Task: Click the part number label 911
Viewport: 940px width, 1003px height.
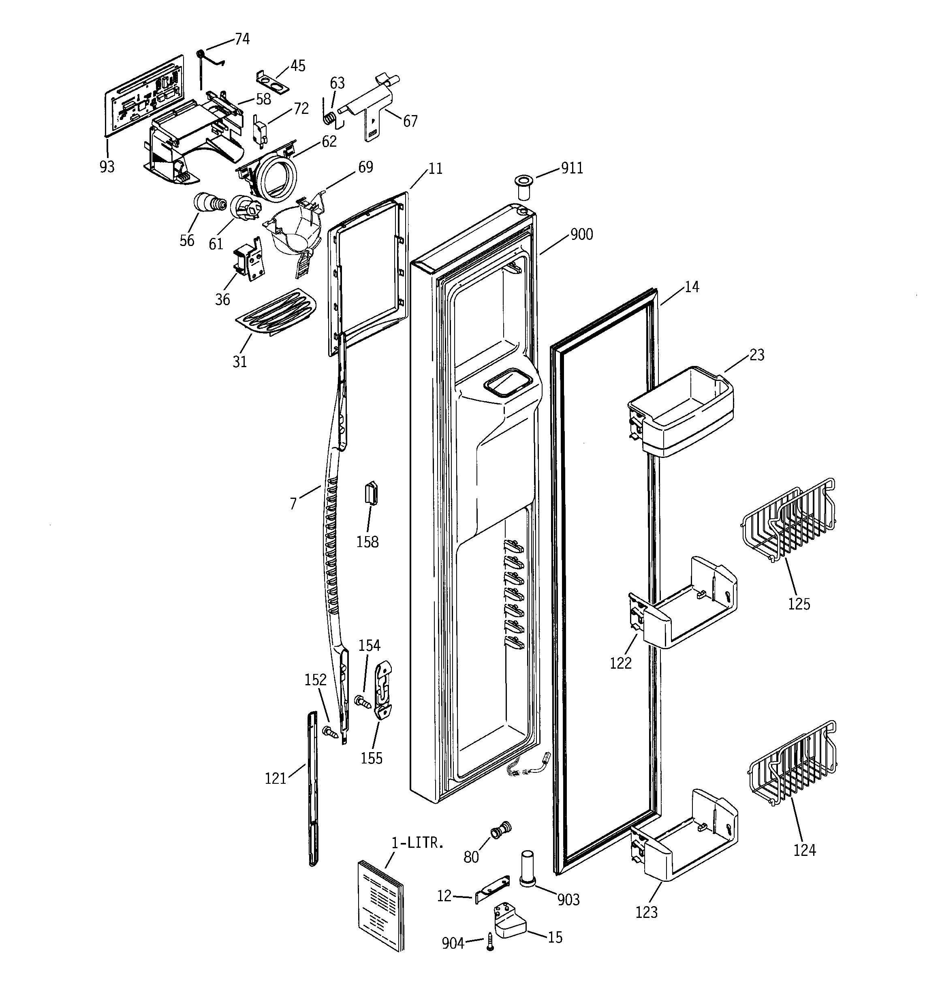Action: click(x=572, y=168)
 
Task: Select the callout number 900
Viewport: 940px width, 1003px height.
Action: click(x=581, y=235)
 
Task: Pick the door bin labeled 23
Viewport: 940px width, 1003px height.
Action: click(x=681, y=411)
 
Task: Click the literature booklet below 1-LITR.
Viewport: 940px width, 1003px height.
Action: click(x=381, y=903)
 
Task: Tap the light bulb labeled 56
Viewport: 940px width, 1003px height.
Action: click(x=208, y=203)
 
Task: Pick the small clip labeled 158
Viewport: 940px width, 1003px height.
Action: click(x=372, y=492)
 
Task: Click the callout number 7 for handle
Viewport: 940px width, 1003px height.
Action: click(x=293, y=503)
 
